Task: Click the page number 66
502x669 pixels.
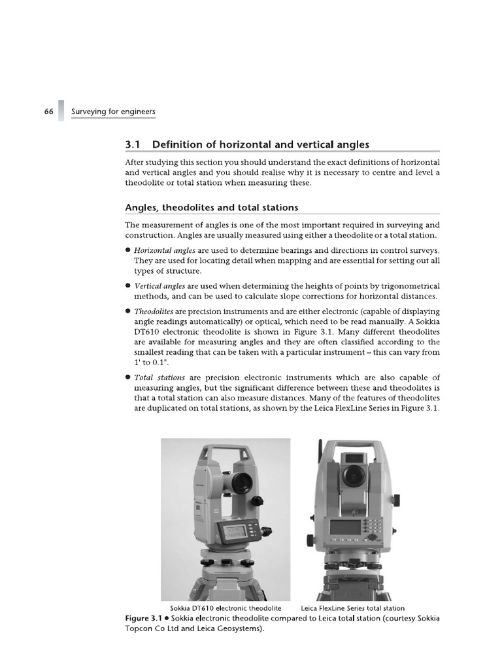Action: [48, 112]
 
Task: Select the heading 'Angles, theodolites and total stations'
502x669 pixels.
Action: [211, 208]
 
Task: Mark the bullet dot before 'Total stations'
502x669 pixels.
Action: [127, 378]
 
